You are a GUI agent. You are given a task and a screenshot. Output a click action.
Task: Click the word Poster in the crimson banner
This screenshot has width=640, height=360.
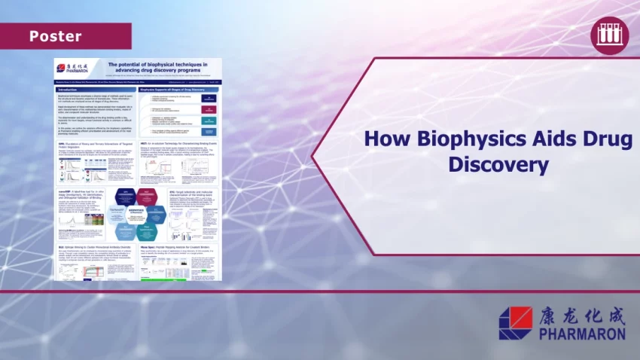point(55,36)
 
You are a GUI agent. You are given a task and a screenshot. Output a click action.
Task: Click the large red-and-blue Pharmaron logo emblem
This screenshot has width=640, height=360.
point(515,322)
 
